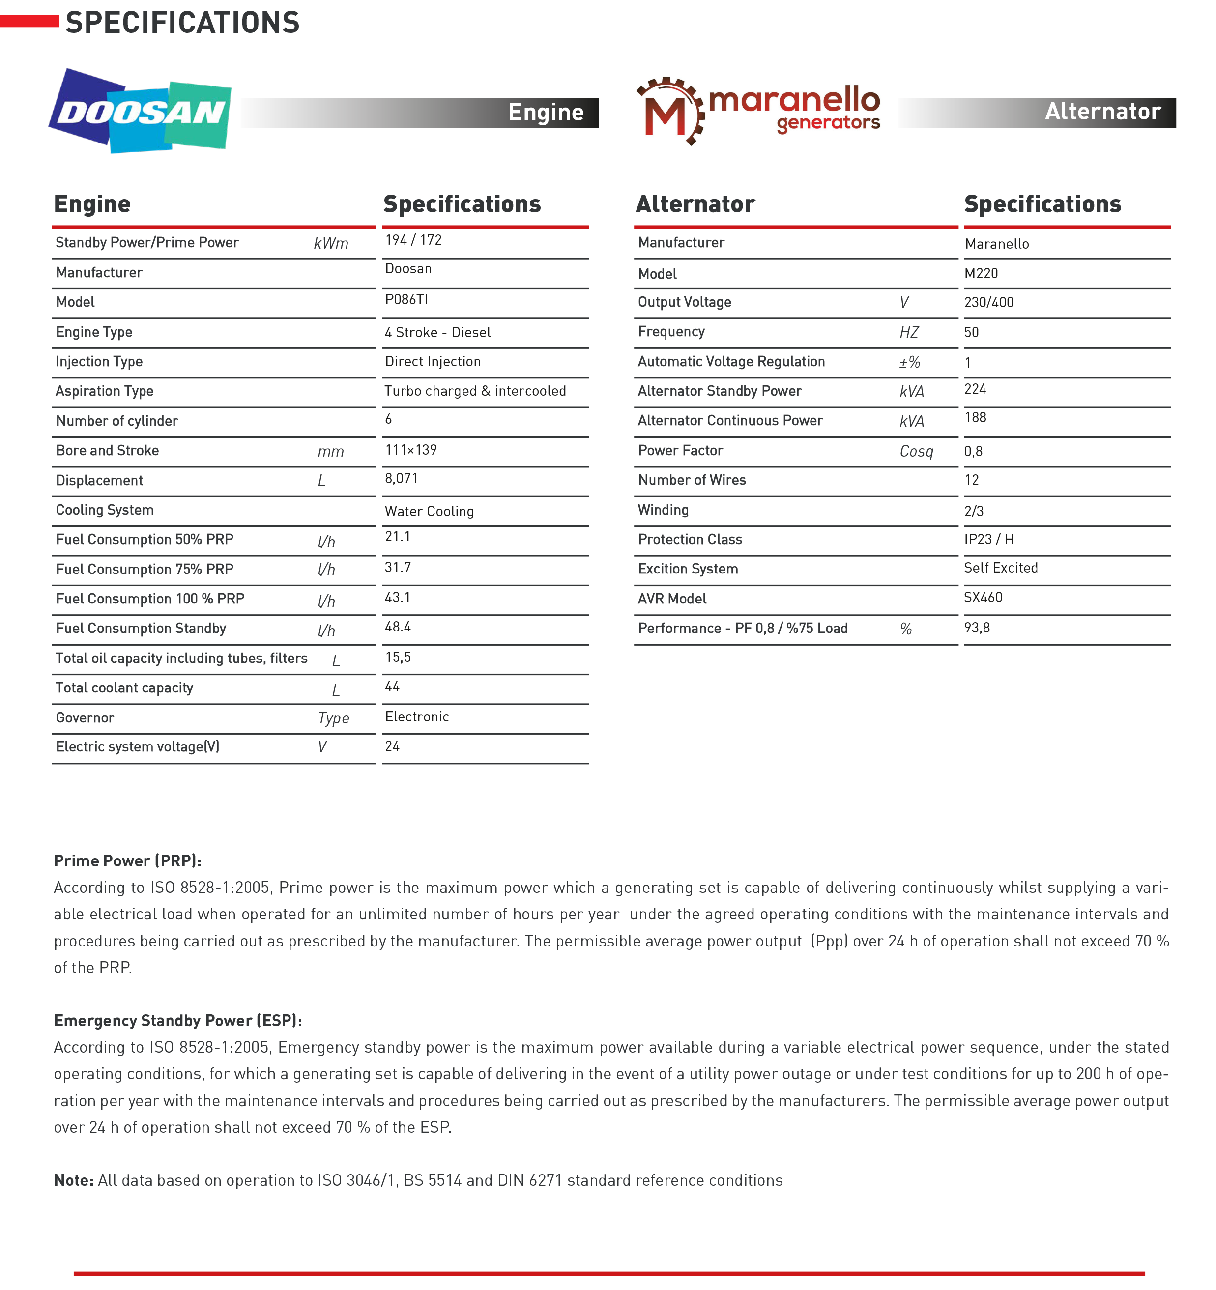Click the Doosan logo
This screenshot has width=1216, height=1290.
[x=140, y=112]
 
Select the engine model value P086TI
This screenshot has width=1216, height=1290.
[x=406, y=299]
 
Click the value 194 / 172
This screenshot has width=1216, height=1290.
[x=413, y=240]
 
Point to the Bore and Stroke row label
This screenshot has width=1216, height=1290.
[x=107, y=450]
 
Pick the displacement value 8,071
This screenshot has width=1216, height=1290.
[x=401, y=478]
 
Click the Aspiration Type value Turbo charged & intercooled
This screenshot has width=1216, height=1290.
[x=475, y=391]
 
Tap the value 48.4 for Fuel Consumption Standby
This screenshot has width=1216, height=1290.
[x=397, y=627]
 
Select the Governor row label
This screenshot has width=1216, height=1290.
[x=85, y=717]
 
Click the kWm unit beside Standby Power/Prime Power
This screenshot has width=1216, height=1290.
[x=331, y=243]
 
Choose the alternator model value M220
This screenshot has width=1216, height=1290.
[x=981, y=273]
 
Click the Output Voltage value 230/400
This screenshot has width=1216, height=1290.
[x=988, y=302]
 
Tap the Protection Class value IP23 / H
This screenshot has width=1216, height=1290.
[x=988, y=539]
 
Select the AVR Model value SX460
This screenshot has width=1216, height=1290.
[x=983, y=597]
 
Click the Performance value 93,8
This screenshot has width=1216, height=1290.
[x=977, y=628]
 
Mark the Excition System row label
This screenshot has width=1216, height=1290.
[x=688, y=569]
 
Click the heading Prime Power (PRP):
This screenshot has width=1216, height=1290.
[x=127, y=860]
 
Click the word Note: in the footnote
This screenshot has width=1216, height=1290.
[x=73, y=1180]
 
